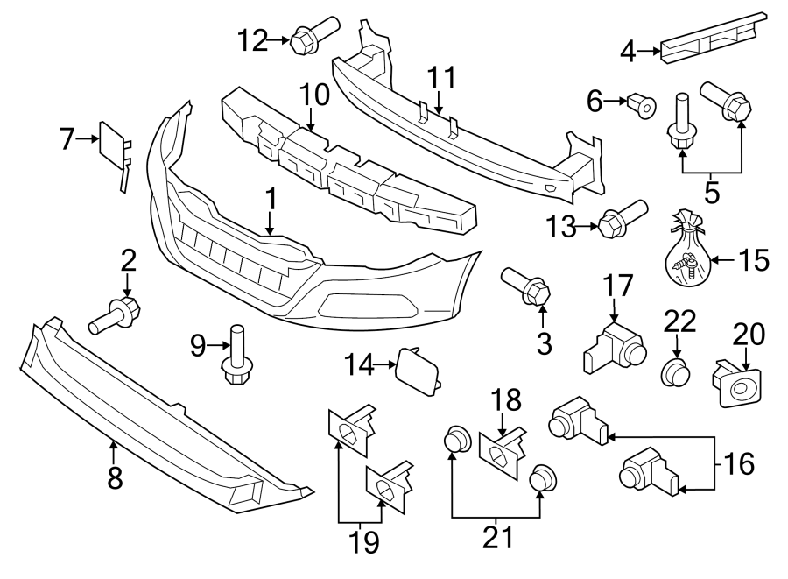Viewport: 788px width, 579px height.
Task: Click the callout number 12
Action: click(253, 39)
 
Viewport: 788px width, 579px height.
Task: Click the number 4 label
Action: click(628, 53)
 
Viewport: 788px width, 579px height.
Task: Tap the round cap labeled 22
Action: click(675, 371)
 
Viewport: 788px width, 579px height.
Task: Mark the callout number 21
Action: click(498, 534)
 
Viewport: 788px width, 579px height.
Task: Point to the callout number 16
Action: click(740, 463)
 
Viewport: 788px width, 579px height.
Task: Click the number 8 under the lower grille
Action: click(115, 477)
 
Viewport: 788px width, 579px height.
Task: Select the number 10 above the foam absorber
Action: click(312, 95)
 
